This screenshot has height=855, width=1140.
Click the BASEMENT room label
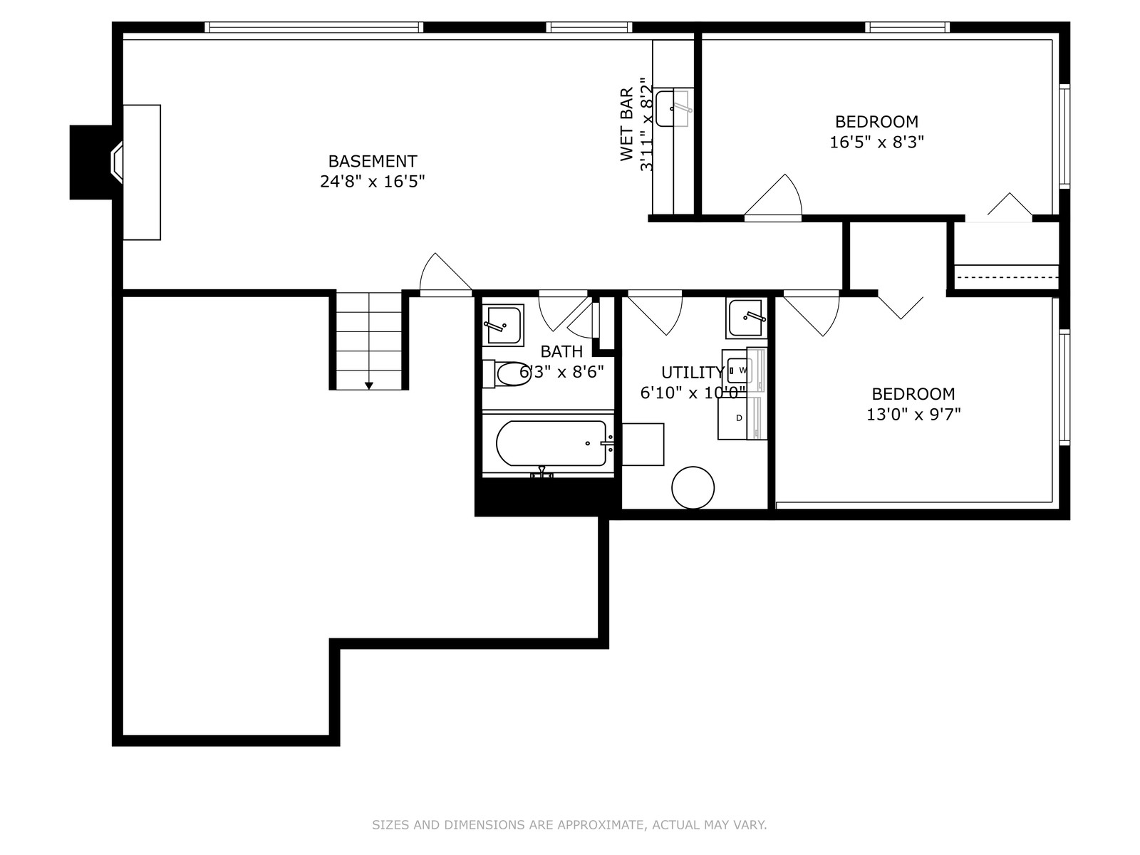point(373,161)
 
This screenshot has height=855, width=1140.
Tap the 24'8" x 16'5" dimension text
point(373,181)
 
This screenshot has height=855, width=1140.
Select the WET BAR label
point(627,124)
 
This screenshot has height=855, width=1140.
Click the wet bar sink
point(673,108)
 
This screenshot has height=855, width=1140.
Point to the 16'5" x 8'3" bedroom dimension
point(876,142)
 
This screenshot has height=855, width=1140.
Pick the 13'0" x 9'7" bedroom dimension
point(913,414)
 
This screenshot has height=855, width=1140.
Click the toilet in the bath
point(507,374)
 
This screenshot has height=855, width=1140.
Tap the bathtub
point(551,443)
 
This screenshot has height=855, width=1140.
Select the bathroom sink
point(503,326)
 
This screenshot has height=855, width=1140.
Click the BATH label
point(561,351)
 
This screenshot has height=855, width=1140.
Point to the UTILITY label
point(693,372)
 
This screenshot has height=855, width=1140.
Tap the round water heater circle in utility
point(693,487)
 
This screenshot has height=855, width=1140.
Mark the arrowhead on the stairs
point(369,385)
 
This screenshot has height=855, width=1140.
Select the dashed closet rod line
point(1007,277)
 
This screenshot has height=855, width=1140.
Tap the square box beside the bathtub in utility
point(643,445)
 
